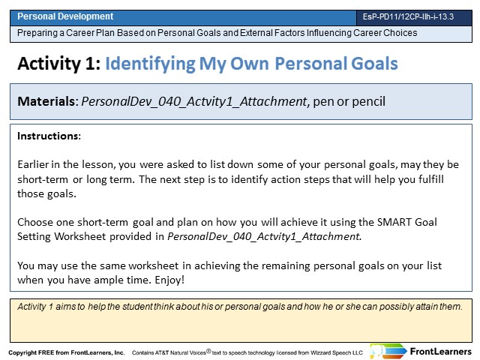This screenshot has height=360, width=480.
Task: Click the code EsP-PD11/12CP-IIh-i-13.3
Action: tap(408, 16)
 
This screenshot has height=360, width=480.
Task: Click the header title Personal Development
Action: tap(65, 16)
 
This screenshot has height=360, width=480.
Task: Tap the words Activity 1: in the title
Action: tap(59, 64)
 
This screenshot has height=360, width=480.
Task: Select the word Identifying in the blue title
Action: tap(150, 64)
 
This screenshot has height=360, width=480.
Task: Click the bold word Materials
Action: tap(46, 101)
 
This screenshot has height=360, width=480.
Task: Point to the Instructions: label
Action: tap(49, 136)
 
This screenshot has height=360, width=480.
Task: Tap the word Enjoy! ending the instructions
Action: tap(169, 280)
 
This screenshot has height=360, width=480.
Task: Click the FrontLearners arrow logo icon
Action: tap(388, 352)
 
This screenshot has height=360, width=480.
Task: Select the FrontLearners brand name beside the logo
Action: tap(440, 352)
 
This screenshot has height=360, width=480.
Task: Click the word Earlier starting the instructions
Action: tap(33, 165)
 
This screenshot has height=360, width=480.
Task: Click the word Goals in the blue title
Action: tap(374, 64)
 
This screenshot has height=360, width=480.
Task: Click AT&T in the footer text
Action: tap(162, 352)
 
